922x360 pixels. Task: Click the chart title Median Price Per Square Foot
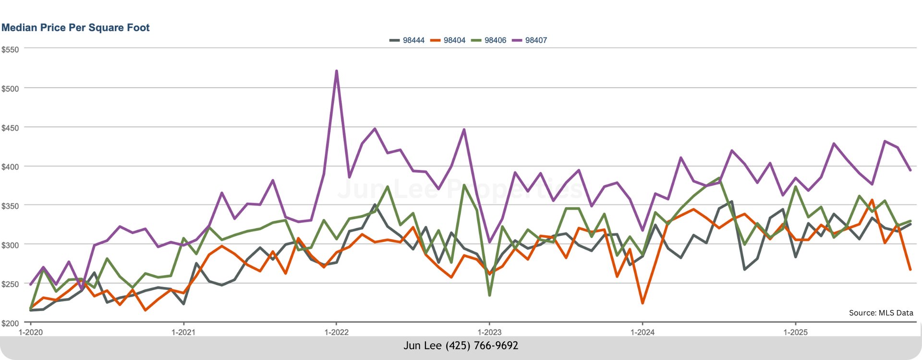pos(75,28)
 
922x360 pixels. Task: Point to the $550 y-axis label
pos(10,49)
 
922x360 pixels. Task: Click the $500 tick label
pos(10,89)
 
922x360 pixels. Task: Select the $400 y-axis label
pos(10,167)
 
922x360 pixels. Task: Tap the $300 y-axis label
pos(10,245)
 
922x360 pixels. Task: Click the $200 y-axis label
pos(10,324)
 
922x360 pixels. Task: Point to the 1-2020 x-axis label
pos(31,332)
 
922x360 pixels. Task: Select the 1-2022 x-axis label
pos(336,332)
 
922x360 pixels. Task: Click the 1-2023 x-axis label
pos(489,332)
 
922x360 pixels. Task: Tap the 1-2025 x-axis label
pos(795,332)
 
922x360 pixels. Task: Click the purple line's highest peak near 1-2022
pos(337,71)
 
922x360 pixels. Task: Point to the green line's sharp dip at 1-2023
pos(489,295)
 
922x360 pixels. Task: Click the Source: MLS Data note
pos(881,313)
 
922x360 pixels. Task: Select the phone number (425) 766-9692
pos(482,346)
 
